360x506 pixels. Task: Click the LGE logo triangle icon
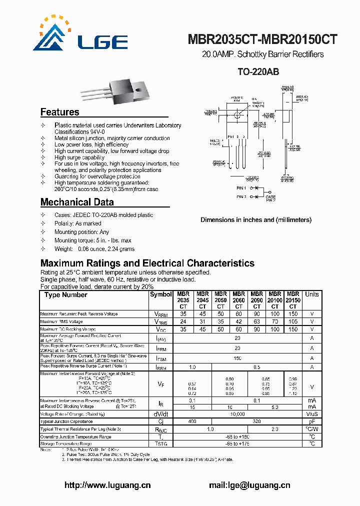pos(50,37)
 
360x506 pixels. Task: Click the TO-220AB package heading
pos(258,72)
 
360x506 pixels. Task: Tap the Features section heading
pos(59,112)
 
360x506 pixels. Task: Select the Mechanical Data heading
pos(77,202)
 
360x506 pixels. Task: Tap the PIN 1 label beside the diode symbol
pos(241,188)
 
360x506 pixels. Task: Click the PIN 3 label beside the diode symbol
pos(241,197)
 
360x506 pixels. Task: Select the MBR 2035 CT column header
pos(183,300)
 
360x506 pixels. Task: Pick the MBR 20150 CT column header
pos(293,300)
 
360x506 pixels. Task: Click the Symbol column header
pos(161,294)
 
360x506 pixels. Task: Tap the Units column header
pos(312,294)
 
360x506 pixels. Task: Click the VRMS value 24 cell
pos(183,321)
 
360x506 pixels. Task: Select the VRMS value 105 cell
pos(293,321)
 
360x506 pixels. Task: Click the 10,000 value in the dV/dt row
pos(238,414)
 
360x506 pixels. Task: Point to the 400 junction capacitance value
pos(192,421)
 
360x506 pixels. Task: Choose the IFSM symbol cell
pos(161,358)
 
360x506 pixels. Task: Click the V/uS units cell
pos(312,414)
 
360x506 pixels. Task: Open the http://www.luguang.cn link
pos(108,484)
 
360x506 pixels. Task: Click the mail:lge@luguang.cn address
pos(249,484)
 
